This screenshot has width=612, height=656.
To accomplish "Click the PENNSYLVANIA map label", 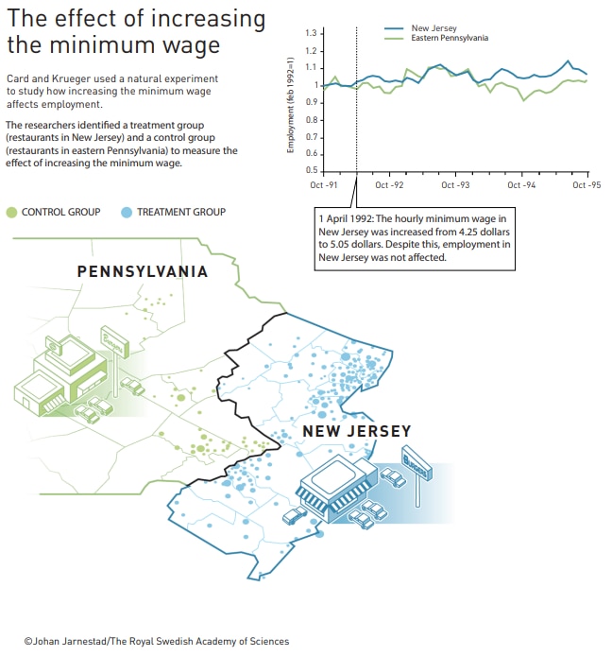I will coord(142,272).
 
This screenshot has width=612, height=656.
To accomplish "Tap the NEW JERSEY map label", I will coord(356,432).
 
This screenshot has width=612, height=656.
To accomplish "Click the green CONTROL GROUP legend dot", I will coord(11,213).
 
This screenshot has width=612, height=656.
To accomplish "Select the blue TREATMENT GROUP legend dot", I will coord(127,213).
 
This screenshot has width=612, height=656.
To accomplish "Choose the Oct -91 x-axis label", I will coord(324,185).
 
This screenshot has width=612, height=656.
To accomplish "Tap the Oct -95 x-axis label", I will coord(586,185).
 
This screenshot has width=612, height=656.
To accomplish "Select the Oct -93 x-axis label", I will coord(455,185).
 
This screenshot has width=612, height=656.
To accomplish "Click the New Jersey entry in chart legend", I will coord(433,28).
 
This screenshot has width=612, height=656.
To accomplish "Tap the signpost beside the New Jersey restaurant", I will coord(416,467).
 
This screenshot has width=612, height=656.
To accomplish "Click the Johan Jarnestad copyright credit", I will coord(156,641).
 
